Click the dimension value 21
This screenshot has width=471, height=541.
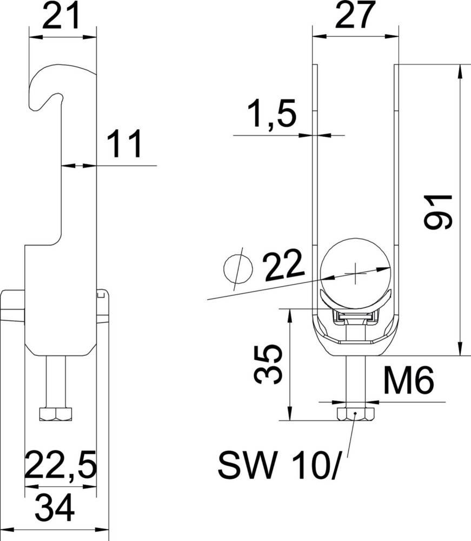[x=61, y=18]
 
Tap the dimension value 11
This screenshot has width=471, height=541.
[x=124, y=144]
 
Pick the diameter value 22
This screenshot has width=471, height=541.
[x=283, y=267]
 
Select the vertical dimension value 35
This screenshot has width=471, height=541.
[x=269, y=364]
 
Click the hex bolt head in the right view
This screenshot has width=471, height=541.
[x=355, y=415]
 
